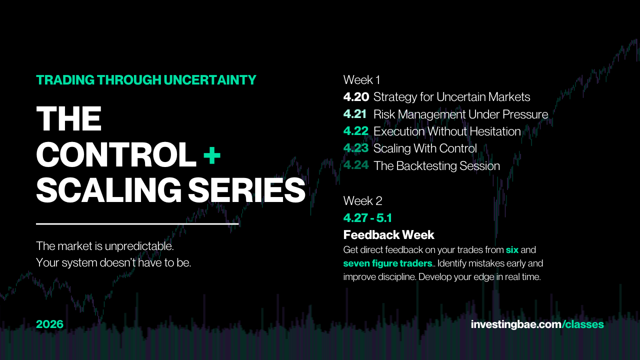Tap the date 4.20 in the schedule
pyautogui.click(x=356, y=97)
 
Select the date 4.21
pyautogui.click(x=355, y=114)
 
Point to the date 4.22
pyautogui.click(x=355, y=131)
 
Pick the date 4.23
pyautogui.click(x=356, y=148)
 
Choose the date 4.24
pyautogui.click(x=356, y=165)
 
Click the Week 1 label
pyautogui.click(x=361, y=80)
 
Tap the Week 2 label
pyautogui.click(x=362, y=201)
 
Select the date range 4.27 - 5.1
pyautogui.click(x=367, y=218)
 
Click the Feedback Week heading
pyautogui.click(x=388, y=235)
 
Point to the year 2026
pyautogui.click(x=49, y=324)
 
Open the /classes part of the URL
pyautogui.click(x=583, y=324)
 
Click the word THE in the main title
pyautogui.click(x=69, y=118)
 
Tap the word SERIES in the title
pyautogui.click(x=247, y=190)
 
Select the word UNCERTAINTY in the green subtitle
pyautogui.click(x=210, y=80)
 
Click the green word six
pyautogui.click(x=512, y=250)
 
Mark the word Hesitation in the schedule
pyautogui.click(x=495, y=131)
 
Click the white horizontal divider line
pyautogui.click(x=137, y=224)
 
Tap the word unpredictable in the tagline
pyautogui.click(x=139, y=246)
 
